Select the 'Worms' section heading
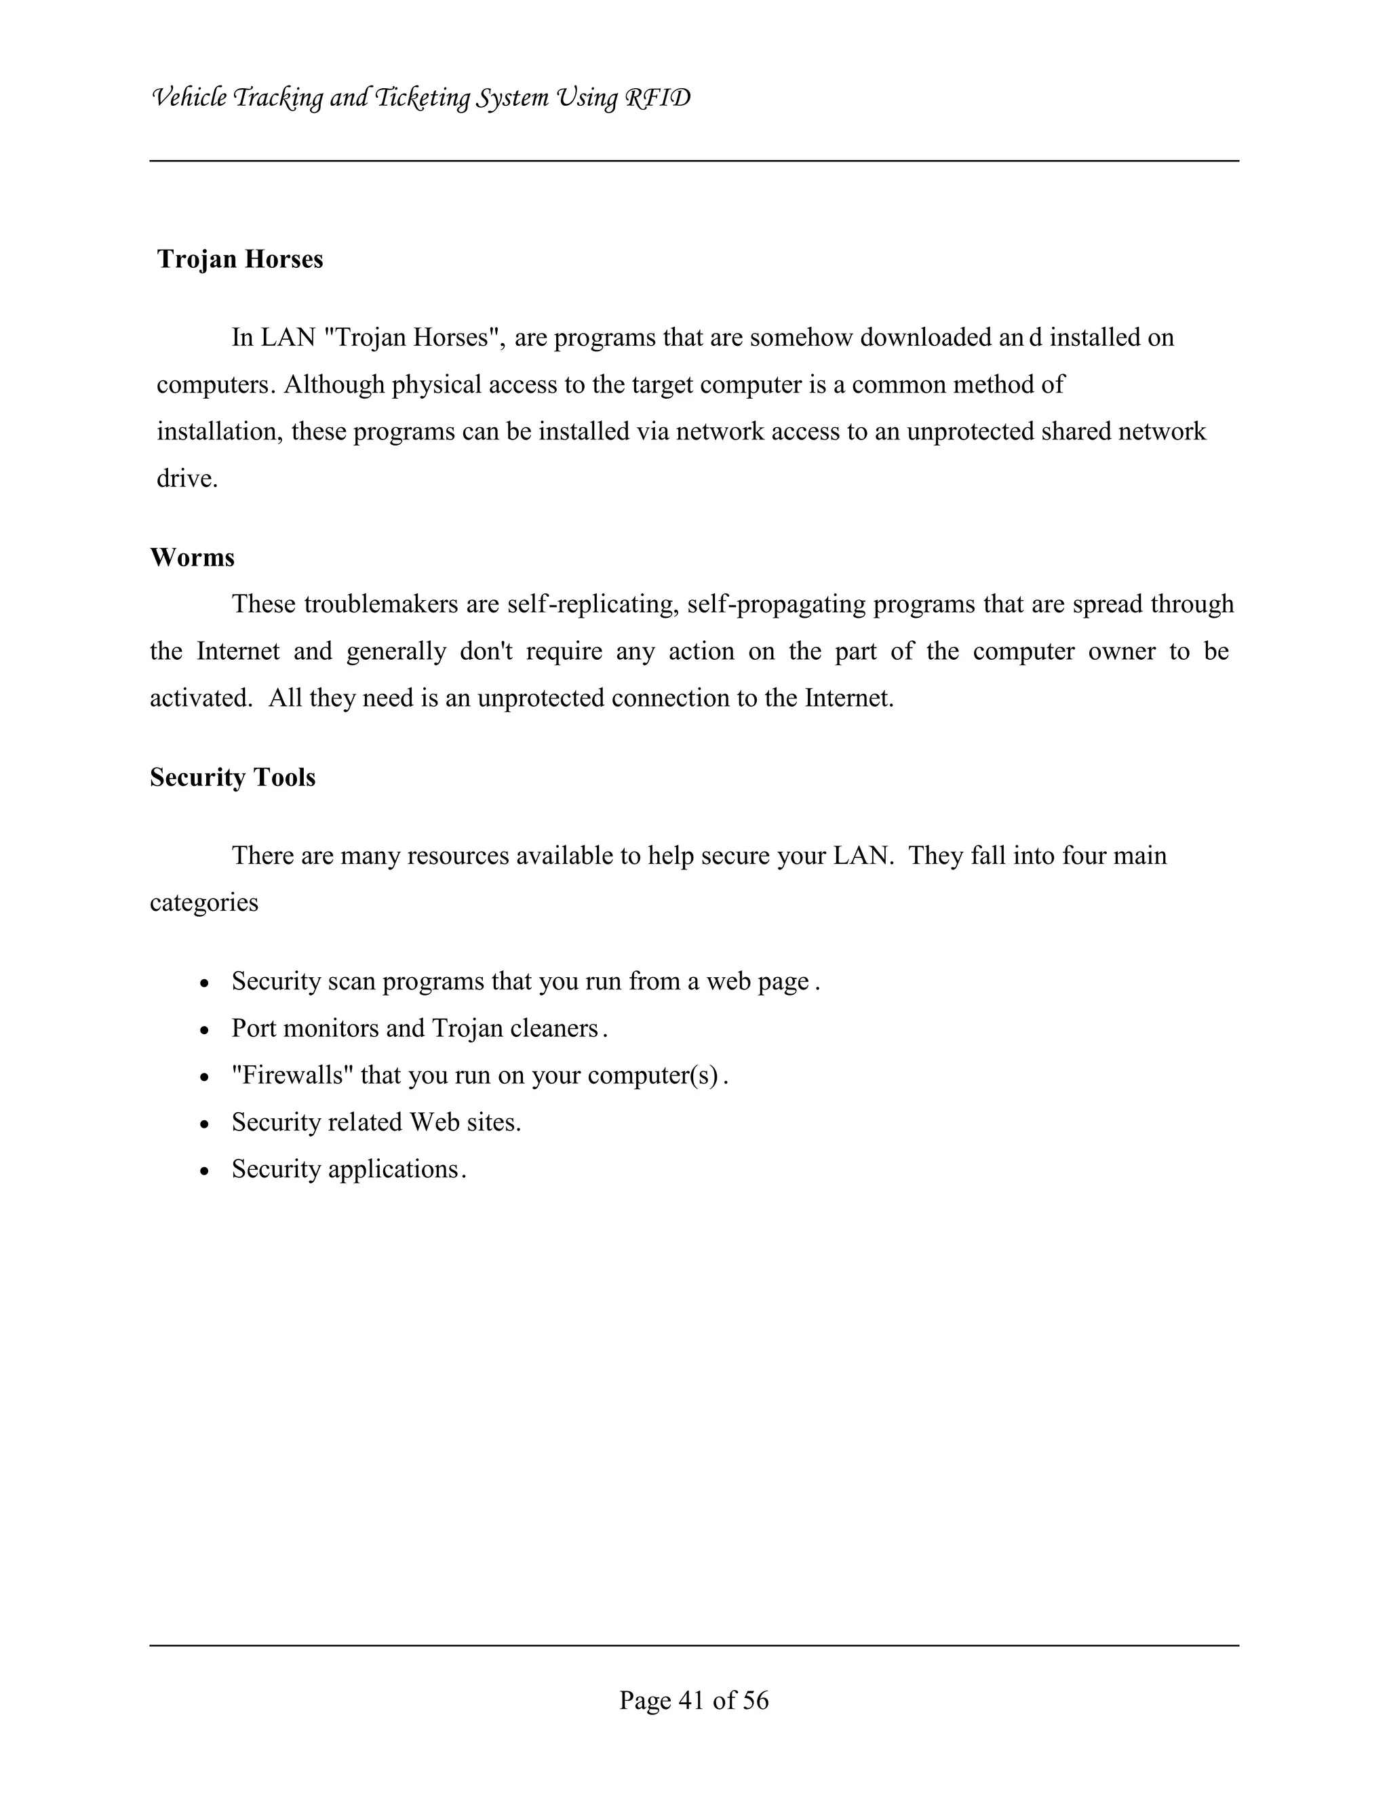(192, 558)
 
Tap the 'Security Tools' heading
(233, 777)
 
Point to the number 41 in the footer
(692, 1700)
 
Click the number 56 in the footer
(756, 1700)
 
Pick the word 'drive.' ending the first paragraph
(187, 479)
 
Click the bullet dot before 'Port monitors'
(206, 1030)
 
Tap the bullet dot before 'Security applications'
(206, 1170)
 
